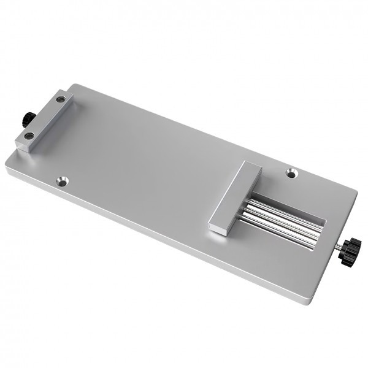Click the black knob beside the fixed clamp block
pyautogui.click(x=27, y=118)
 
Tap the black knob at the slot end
pyautogui.click(x=350, y=251)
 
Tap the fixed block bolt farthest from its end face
pyautogui.click(x=59, y=99)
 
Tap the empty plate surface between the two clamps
pyautogui.click(x=147, y=159)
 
